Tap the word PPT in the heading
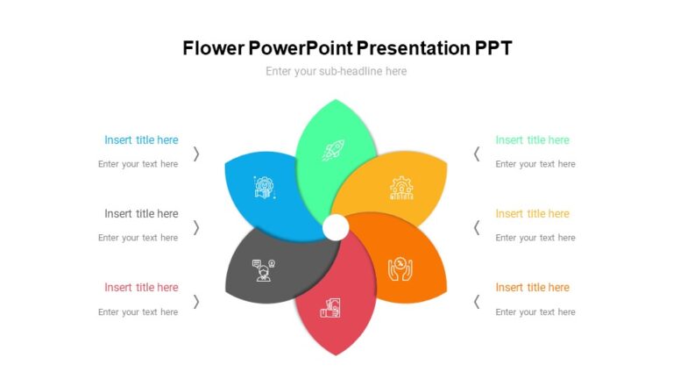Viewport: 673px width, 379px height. pyautogui.click(x=492, y=48)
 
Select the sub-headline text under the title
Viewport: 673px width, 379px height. pyautogui.click(x=336, y=71)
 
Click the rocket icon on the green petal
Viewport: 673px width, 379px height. pyautogui.click(x=332, y=151)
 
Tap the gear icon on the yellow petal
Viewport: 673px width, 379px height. pyautogui.click(x=400, y=189)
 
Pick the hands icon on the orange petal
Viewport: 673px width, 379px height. pyautogui.click(x=400, y=267)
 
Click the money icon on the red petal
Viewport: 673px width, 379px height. pyautogui.click(x=330, y=308)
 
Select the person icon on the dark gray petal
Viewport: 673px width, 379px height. pyautogui.click(x=263, y=268)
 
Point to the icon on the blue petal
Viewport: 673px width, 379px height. pyautogui.click(x=264, y=188)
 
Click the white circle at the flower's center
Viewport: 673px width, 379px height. pyautogui.click(x=336, y=228)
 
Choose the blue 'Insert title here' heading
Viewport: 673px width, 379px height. pyautogui.click(x=141, y=139)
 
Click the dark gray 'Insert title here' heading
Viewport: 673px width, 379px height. pyautogui.click(x=141, y=213)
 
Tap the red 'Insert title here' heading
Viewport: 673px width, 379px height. pyautogui.click(x=141, y=287)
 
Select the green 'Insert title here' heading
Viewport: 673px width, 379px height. pyautogui.click(x=532, y=139)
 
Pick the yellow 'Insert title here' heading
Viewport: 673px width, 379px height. pyautogui.click(x=532, y=213)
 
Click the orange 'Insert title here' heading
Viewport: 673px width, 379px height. pyautogui.click(x=532, y=287)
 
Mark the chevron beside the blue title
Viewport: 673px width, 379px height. pyautogui.click(x=196, y=154)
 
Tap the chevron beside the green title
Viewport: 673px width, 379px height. pyautogui.click(x=477, y=154)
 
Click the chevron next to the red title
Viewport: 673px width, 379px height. pyautogui.click(x=196, y=301)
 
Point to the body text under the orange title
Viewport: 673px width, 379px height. pyautogui.click(x=535, y=311)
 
